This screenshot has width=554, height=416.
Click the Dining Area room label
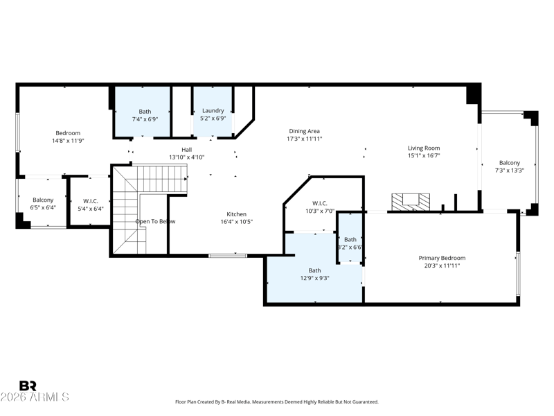coord(304,131)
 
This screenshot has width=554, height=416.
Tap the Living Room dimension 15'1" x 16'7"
coord(423,155)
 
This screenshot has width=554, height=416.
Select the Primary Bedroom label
coord(442,257)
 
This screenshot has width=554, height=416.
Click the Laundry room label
coord(213,111)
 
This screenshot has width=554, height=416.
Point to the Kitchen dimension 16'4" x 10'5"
coord(236,222)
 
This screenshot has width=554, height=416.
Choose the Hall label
coord(187,149)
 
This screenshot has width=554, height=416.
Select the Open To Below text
coord(155,221)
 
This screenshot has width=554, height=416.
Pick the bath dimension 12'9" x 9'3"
coord(314,278)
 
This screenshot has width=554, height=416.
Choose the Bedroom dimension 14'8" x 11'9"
coord(68,141)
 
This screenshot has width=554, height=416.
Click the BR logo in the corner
coord(28,385)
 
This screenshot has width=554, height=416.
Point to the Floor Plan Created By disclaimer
coord(277,402)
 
